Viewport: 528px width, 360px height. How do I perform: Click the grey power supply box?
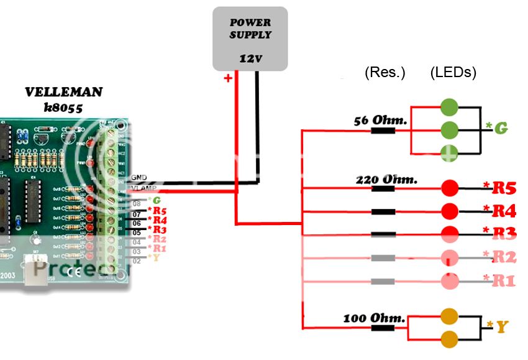click(250, 39)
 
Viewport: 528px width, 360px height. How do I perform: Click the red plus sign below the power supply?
click(228, 78)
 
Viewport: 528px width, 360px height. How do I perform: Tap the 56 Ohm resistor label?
click(380, 120)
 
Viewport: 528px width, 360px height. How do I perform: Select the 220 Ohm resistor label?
click(386, 180)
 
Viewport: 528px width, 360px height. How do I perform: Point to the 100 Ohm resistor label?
click(373, 318)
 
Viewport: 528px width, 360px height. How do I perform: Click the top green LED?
click(449, 107)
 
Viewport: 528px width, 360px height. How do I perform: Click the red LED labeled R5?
click(449, 187)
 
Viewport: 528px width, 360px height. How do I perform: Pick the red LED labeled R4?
click(449, 211)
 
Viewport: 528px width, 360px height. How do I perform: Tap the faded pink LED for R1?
click(449, 280)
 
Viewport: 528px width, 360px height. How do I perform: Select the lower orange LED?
click(449, 339)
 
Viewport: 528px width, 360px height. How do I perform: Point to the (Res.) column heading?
click(385, 73)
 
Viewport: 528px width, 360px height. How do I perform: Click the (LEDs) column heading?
click(453, 73)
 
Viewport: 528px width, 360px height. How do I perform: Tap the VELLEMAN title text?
click(63, 92)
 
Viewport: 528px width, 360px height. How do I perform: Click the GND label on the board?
click(139, 178)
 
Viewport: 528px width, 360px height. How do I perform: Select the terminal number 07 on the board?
click(137, 213)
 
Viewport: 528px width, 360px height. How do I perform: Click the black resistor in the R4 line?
click(383, 211)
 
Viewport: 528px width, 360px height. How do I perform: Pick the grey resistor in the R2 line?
click(383, 257)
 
